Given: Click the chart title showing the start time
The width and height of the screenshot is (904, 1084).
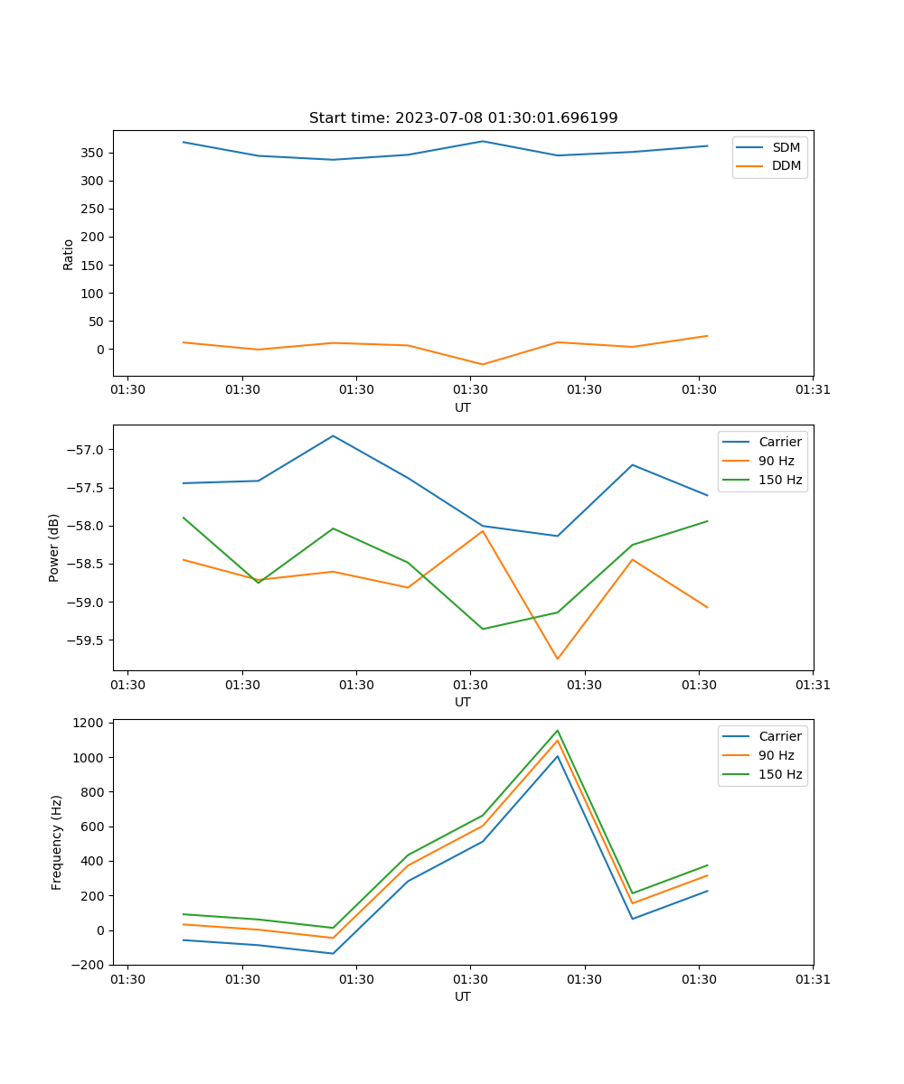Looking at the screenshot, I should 463,118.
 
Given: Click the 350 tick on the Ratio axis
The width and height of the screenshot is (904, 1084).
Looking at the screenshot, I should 94,153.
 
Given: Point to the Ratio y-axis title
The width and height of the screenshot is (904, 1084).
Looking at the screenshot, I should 69,254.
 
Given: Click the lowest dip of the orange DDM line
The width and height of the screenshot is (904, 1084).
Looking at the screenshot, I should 483,365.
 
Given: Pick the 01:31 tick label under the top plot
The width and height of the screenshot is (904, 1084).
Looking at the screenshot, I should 813,390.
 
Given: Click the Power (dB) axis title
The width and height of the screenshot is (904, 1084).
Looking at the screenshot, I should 54,547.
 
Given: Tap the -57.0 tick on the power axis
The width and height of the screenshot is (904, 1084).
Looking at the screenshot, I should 89,450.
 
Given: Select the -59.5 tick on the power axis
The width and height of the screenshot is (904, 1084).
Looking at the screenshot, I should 89,640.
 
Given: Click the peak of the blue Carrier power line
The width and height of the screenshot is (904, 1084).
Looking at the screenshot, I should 333,435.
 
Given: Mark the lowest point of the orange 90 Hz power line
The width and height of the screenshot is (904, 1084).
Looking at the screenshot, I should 558,659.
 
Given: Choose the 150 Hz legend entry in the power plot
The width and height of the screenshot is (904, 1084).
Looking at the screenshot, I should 780,480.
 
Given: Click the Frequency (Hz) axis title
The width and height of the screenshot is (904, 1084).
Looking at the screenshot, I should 57,842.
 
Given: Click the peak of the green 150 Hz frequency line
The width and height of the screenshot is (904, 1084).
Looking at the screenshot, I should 558,730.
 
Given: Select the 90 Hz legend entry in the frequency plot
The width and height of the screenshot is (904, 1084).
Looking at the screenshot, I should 777,755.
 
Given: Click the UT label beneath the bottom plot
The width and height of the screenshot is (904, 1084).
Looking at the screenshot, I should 463,996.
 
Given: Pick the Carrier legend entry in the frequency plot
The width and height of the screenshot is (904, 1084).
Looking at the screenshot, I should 780,736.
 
